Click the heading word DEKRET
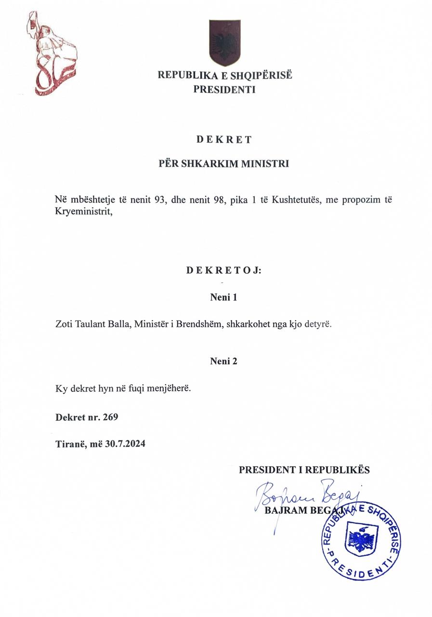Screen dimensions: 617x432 click(224, 140)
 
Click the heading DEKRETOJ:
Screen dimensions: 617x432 click(224, 270)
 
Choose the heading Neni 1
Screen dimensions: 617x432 click(224, 297)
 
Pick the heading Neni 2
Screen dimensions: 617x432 click(224, 361)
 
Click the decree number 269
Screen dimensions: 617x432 click(110, 417)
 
